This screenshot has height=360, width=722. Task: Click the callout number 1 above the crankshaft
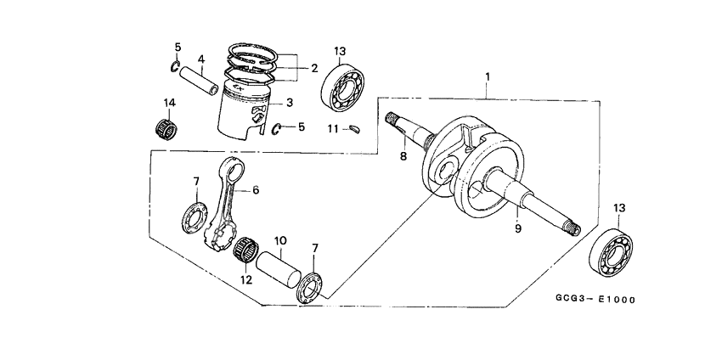(487, 77)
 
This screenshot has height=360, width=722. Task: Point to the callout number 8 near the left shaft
(403, 156)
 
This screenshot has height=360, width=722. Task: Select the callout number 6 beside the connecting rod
(255, 191)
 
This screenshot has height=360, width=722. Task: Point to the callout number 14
(170, 104)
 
